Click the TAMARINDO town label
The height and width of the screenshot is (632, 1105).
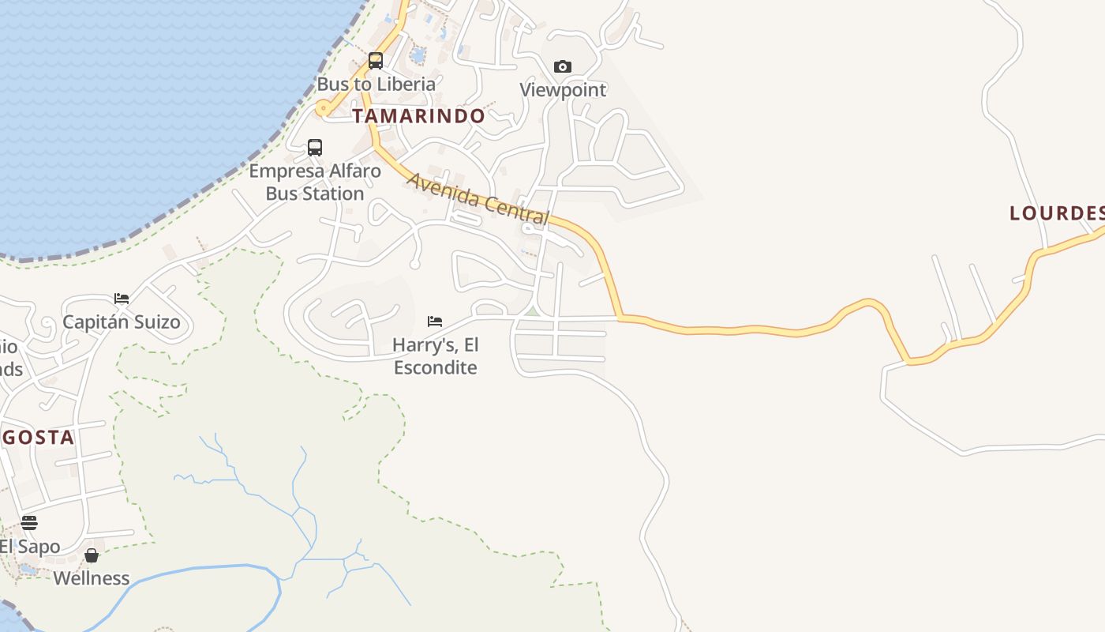[418, 116]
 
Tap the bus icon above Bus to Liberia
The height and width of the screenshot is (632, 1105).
[376, 61]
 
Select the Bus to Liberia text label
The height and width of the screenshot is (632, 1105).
[376, 84]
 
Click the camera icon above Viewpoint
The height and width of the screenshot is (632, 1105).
[562, 66]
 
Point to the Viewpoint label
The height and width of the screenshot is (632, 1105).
[563, 90]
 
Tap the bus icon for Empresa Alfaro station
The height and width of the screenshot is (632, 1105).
[315, 147]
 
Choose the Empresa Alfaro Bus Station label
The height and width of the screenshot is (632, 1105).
[315, 182]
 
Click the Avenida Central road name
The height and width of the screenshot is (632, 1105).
[478, 198]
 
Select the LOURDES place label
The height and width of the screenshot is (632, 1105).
[1056, 213]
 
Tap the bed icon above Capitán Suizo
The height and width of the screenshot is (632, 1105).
[122, 299]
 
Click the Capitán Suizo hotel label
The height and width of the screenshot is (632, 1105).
[122, 322]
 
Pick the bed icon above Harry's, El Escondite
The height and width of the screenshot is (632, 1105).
[434, 321]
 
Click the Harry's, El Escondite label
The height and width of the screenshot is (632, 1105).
[435, 356]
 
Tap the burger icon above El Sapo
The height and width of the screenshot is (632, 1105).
[29, 522]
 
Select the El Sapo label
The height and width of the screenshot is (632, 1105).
[30, 547]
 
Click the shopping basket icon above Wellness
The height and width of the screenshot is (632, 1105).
[92, 555]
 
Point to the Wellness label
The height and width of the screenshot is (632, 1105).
[92, 578]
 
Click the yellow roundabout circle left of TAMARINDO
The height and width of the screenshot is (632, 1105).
[322, 107]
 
